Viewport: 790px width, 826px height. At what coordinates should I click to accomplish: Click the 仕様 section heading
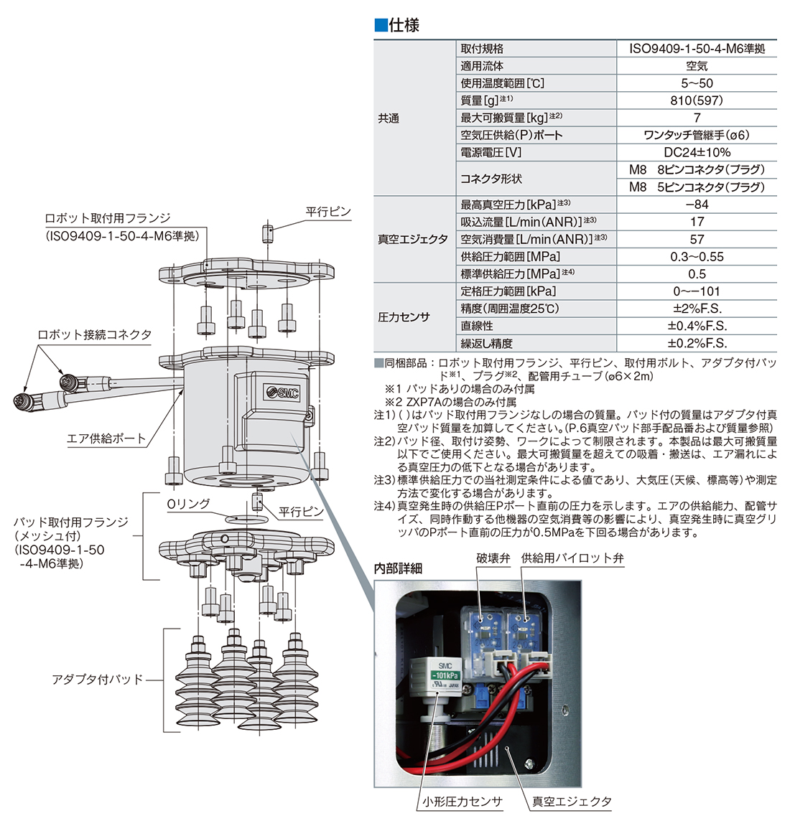pyautogui.click(x=403, y=25)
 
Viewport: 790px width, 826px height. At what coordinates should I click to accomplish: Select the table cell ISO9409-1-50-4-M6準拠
pyautogui.click(x=697, y=49)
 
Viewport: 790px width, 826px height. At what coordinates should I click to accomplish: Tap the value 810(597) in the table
pyautogui.click(x=697, y=100)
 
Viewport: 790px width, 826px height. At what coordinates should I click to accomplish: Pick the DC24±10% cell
pyautogui.click(x=697, y=152)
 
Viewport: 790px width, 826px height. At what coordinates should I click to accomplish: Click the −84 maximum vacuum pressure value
pyautogui.click(x=697, y=205)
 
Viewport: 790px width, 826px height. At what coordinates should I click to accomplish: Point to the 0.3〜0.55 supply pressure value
pyautogui.click(x=697, y=256)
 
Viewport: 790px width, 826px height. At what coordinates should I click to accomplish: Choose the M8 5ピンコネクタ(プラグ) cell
pyautogui.click(x=697, y=187)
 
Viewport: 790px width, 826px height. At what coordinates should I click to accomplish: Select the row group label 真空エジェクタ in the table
pyautogui.click(x=413, y=239)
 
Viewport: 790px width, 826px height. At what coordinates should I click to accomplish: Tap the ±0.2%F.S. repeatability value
pyautogui.click(x=697, y=343)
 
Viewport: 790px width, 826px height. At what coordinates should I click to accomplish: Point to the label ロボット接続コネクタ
pyautogui.click(x=95, y=335)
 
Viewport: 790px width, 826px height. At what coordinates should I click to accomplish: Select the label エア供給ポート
pyautogui.click(x=106, y=438)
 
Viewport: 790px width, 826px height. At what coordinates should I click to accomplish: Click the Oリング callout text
pyautogui.click(x=188, y=504)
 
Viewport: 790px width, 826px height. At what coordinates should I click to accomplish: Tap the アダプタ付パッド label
pyautogui.click(x=98, y=679)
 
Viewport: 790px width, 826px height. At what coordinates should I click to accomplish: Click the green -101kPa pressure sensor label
pyautogui.click(x=445, y=676)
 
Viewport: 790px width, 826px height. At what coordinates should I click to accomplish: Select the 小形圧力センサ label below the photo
pyautogui.click(x=462, y=802)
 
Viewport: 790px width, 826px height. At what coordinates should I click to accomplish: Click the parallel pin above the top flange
pyautogui.click(x=267, y=234)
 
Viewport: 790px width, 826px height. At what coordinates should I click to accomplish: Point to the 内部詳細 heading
pyautogui.click(x=398, y=568)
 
